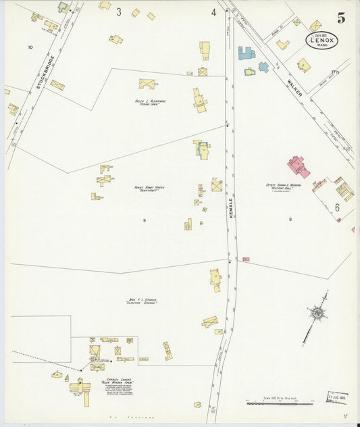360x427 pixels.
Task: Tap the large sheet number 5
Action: click(342, 18)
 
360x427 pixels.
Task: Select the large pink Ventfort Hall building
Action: click(298, 166)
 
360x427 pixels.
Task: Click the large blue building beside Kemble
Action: click(247, 53)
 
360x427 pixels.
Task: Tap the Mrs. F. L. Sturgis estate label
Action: click(141, 301)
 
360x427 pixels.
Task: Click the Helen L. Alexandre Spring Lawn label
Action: click(150, 103)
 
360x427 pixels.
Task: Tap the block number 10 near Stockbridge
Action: click(30, 47)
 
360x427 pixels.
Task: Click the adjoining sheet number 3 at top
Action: click(118, 12)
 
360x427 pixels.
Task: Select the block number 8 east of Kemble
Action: click(290, 219)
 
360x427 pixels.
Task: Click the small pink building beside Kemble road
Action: click(246, 259)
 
